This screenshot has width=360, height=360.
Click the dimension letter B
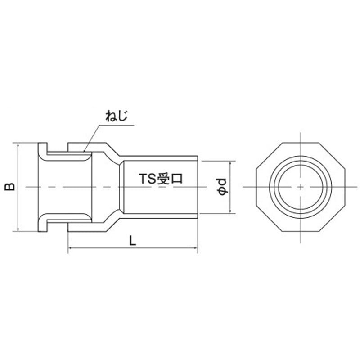tap(10, 187)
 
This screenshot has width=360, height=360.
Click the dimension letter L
tap(132, 241)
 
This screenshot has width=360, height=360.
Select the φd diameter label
tap(222, 187)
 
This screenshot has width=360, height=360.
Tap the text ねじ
tap(117, 116)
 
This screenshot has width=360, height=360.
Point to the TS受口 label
tap(161, 179)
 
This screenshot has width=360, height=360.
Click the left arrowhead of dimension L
tap(70, 248)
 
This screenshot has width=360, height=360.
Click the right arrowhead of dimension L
tap(196, 248)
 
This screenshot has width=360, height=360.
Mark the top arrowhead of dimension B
tap(18, 145)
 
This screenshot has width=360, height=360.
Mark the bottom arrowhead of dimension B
tap(18, 229)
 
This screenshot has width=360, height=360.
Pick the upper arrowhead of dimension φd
tap(230, 163)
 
